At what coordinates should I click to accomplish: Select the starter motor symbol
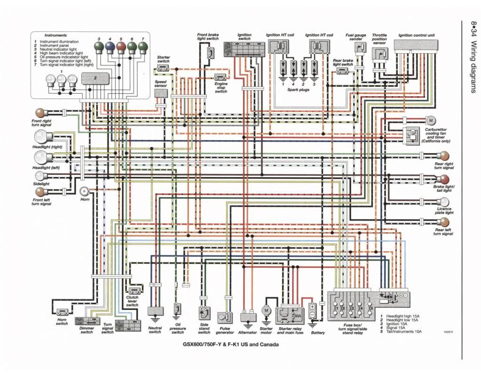pos(266,311)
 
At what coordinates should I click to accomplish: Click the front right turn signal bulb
pos(37,112)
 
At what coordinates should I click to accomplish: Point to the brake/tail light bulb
pos(444,179)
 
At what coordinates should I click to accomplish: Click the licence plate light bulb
pos(444,201)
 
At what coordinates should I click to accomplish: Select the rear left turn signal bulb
pos(444,221)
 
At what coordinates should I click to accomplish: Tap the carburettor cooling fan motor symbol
pos(429,121)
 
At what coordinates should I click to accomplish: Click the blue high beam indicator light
pos(110,47)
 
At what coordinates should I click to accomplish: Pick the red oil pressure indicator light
pos(121,47)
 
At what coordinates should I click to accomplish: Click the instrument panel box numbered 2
pos(95,78)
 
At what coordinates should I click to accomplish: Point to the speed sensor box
pos(161,93)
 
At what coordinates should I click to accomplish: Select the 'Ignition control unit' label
pos(416,35)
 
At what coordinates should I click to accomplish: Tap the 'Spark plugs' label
pos(298,89)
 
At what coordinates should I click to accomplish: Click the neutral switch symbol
pos(155,312)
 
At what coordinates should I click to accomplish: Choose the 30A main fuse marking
pos(297,316)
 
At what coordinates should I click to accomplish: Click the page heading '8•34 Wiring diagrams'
pos(472,56)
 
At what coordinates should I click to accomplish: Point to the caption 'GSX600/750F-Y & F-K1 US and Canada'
pos(230,344)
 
